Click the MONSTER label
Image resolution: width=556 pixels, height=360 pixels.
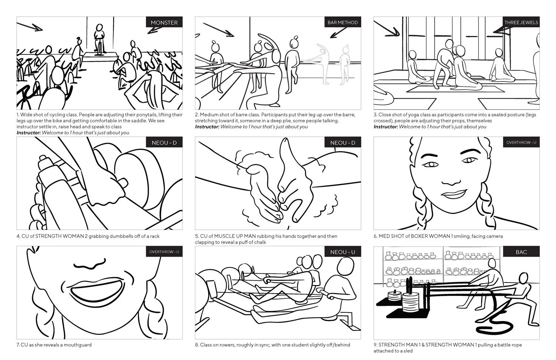click(164, 23)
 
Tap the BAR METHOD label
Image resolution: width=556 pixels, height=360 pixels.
click(342, 23)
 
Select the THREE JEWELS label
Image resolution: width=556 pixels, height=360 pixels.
click(521, 23)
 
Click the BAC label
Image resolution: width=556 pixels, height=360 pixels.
click(521, 252)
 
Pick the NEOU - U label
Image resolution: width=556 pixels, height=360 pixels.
click(342, 252)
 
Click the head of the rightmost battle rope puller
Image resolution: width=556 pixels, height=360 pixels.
click(523, 278)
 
